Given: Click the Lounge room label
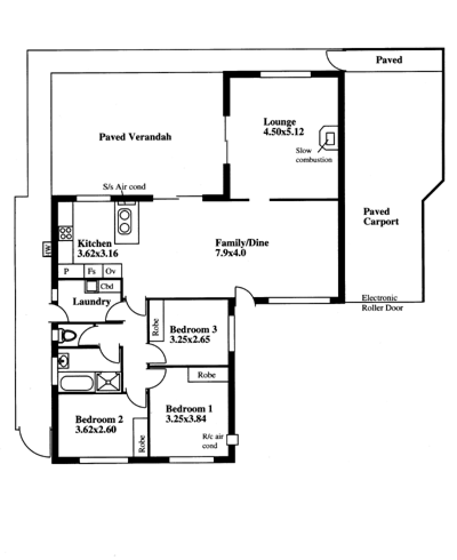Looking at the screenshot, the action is click(279, 122).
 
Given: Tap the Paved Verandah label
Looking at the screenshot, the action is click(135, 137).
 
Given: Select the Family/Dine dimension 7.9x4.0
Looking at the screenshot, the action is click(230, 253).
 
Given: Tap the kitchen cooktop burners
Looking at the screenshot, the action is click(66, 233).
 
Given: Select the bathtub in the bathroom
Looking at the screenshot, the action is click(77, 383).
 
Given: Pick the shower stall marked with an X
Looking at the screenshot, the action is click(109, 382).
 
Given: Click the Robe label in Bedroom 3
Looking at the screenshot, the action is click(155, 327).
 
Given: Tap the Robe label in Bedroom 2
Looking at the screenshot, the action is click(142, 443).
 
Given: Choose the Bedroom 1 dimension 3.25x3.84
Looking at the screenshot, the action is click(186, 418).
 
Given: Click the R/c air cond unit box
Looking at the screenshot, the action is click(233, 439).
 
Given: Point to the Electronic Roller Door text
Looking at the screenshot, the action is click(382, 302).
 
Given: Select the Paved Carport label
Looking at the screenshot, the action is click(381, 217).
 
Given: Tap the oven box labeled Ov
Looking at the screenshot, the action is click(112, 271).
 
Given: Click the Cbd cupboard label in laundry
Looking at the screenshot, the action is click(107, 286).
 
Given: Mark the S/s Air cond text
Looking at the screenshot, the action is click(124, 186).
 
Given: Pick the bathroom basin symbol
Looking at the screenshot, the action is click(63, 361).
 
